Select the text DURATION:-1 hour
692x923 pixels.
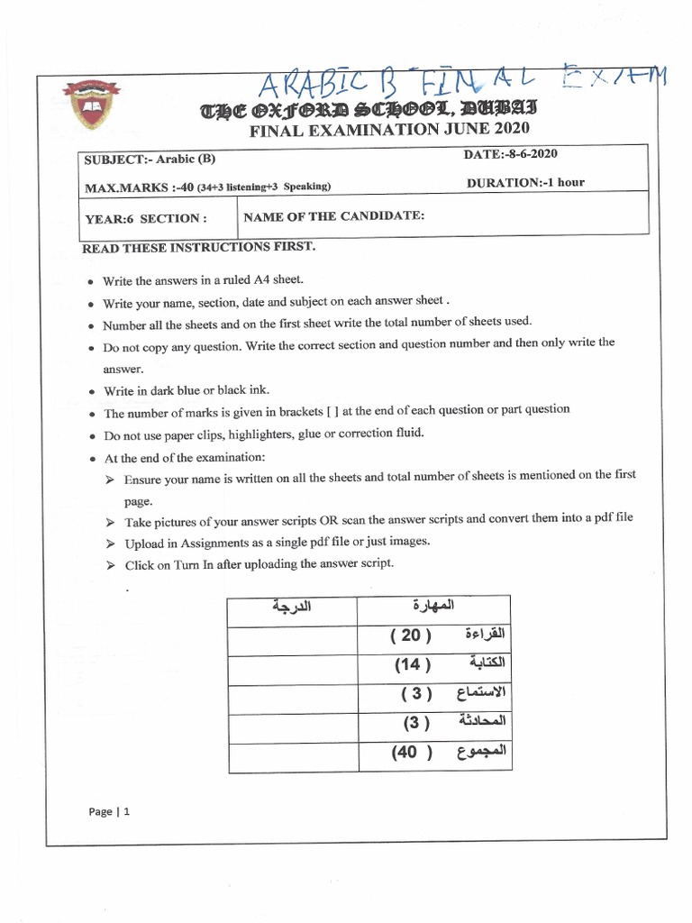[525, 182]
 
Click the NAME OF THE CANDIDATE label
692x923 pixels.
[333, 216]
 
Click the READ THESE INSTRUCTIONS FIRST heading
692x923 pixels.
[198, 247]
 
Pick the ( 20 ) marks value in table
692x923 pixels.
[411, 635]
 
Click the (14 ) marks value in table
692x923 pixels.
[413, 664]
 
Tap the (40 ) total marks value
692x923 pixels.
[413, 752]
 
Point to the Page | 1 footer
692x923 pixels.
[110, 811]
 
